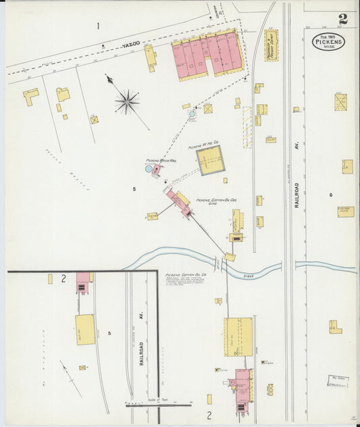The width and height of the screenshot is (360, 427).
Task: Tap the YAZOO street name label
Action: [130, 44]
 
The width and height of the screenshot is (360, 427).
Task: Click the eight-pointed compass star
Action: [126, 102]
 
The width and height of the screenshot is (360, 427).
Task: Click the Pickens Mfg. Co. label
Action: [203, 144]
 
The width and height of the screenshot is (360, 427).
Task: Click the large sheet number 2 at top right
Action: [344, 19]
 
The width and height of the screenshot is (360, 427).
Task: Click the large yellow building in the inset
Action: [85, 330]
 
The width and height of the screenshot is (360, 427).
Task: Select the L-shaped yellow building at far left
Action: [30, 97]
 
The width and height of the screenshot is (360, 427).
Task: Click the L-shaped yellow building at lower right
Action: [335, 327]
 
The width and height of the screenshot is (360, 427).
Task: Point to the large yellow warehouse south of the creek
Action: [238, 336]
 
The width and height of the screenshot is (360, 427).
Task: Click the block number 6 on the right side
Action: [331, 195]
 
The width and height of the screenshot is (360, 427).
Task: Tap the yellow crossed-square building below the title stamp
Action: [341, 103]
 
